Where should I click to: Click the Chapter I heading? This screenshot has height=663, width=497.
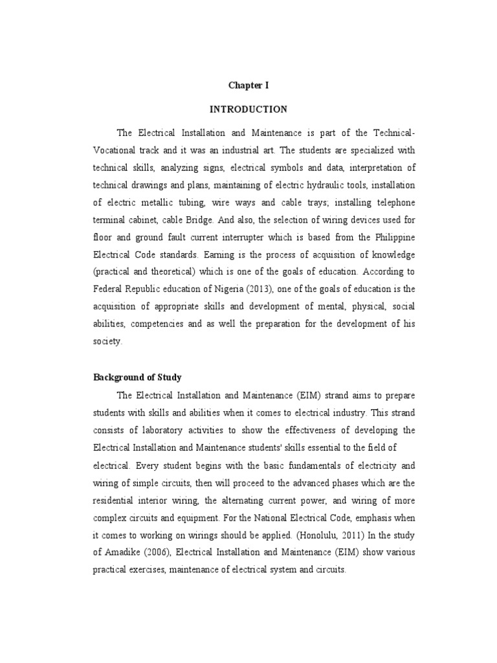tap(248, 85)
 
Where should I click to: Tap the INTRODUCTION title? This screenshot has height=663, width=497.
tap(248, 109)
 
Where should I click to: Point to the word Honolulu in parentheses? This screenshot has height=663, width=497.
tap(293, 536)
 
